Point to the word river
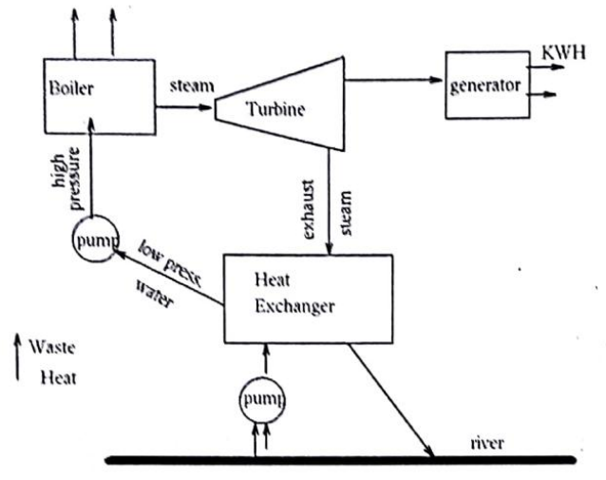pyautogui.click(x=488, y=443)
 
